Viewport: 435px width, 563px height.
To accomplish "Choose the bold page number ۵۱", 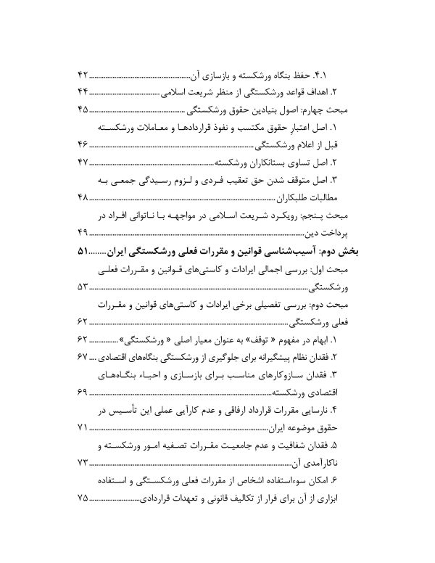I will point(82,251).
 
